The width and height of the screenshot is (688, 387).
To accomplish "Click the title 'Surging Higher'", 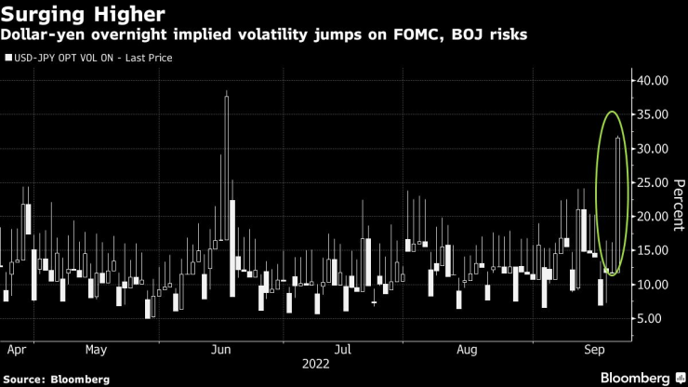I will tap(84, 15).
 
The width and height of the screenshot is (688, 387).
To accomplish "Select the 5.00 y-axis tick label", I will tap(656, 318).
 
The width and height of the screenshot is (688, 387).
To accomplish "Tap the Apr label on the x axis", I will tap(15, 351).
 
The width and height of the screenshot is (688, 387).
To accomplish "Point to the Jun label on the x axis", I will tap(221, 351).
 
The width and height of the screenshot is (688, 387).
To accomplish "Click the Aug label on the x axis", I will tap(468, 351).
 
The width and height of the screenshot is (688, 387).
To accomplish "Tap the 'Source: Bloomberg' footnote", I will tap(56, 380).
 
